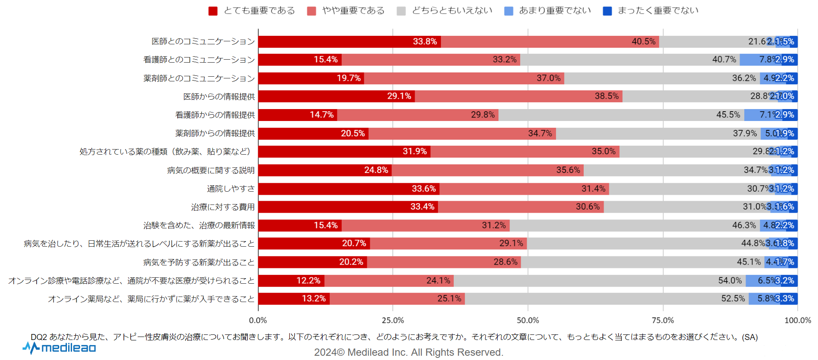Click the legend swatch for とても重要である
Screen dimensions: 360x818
[213, 11]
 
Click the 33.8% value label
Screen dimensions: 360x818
[425, 41]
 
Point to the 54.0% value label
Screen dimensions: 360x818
[730, 280]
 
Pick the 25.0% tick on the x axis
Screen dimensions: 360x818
[393, 320]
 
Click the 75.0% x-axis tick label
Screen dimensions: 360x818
[663, 320]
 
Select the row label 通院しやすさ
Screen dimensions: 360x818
[231, 189]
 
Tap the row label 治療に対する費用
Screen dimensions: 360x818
[223, 207]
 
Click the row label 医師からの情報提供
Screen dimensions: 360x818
[219, 97]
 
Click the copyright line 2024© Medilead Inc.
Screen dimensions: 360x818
[409, 352]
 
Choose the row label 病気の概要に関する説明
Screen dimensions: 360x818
[211, 170]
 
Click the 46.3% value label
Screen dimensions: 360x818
[744, 225]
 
